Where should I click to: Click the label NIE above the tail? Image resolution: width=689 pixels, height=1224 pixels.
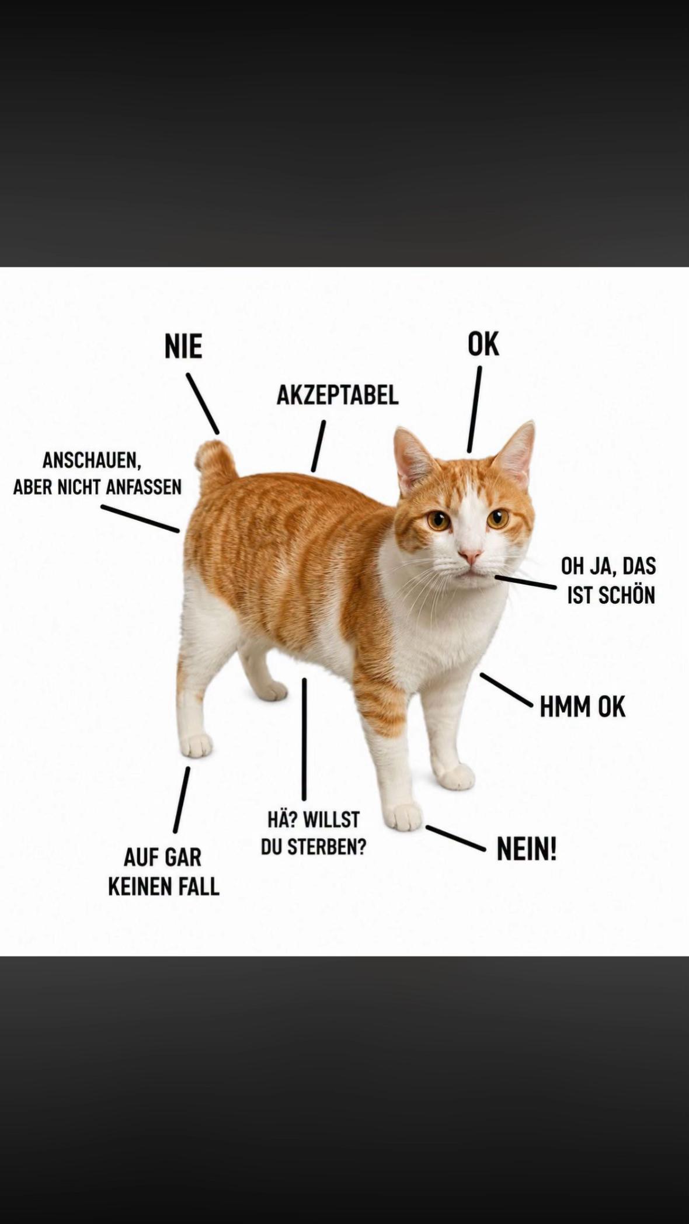(183, 347)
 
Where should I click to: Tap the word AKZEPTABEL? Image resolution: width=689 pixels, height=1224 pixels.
(337, 395)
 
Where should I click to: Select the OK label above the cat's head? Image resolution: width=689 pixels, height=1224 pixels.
(483, 344)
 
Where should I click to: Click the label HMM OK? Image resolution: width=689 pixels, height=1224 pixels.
(582, 707)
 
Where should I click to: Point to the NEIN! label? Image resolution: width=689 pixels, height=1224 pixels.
(527, 849)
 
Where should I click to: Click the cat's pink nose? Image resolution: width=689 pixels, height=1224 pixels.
(469, 554)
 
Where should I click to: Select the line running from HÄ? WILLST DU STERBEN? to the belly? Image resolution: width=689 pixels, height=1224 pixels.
(304, 739)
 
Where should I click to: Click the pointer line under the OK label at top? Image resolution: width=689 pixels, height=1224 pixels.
(474, 409)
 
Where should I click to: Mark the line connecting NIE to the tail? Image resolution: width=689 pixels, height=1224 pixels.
(203, 404)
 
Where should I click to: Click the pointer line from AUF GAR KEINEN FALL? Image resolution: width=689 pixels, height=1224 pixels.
(181, 799)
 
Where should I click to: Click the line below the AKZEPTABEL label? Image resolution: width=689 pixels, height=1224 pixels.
(318, 446)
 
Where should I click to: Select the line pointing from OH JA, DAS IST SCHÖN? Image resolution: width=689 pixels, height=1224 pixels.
(525, 582)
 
